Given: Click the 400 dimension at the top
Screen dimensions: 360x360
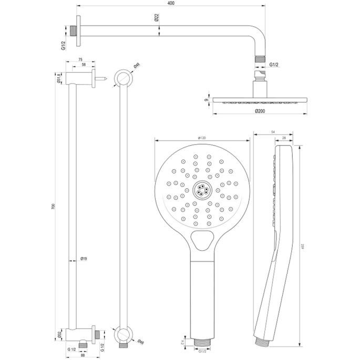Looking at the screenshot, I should pos(171,3).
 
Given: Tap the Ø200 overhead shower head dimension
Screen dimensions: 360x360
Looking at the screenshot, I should pos(259,111).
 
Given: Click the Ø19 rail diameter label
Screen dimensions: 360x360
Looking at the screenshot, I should pos(84,258).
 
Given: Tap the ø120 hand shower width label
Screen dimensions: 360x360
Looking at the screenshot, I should pos(201,138).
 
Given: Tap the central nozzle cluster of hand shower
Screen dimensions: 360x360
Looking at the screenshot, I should pos(201,190).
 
